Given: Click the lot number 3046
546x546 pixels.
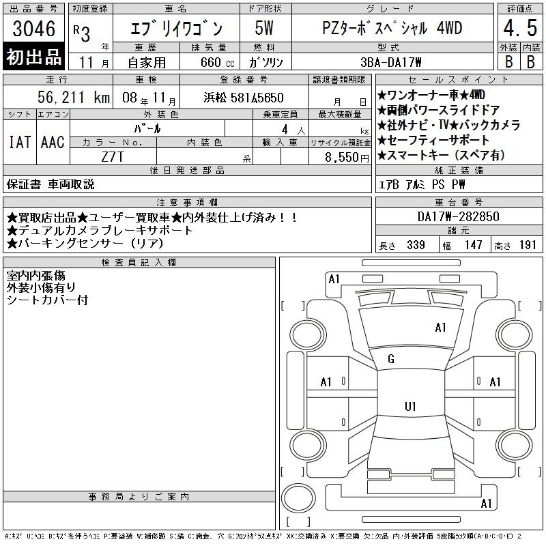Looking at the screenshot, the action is (x=33, y=29).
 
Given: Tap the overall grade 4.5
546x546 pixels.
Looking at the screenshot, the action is (x=520, y=28).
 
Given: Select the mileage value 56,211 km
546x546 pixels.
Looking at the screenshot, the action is (x=74, y=98).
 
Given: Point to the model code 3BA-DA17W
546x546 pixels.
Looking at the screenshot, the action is (x=390, y=62).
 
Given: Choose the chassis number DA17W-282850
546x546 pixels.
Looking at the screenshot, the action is (x=458, y=216).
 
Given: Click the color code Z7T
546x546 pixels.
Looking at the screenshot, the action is (x=113, y=157).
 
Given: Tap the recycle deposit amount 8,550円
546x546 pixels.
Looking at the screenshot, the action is (x=347, y=158).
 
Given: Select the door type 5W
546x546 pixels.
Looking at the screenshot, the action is (x=264, y=28).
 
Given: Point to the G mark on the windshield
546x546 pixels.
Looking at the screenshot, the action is (x=391, y=359).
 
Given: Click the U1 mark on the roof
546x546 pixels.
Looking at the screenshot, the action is (x=410, y=406).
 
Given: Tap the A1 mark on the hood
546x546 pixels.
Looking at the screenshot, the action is (x=440, y=328).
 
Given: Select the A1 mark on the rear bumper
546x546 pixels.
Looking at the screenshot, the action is (x=486, y=504).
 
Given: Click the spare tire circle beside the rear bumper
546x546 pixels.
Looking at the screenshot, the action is (x=298, y=498).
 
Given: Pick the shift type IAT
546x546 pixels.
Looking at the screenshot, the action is (x=20, y=142).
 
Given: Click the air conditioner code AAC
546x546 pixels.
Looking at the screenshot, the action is (x=53, y=142).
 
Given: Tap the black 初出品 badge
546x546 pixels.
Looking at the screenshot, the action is (x=33, y=57).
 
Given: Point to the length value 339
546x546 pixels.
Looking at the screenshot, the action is (x=416, y=245).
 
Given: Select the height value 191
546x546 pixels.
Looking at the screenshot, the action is (x=528, y=245).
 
